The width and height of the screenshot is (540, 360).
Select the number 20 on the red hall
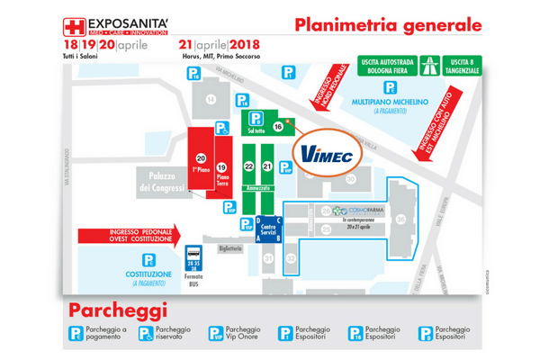coord(201,158)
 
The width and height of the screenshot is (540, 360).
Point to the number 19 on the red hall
coord(221,166)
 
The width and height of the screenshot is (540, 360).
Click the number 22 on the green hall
coord(249,166)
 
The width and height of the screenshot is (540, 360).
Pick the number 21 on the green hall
coord(267,166)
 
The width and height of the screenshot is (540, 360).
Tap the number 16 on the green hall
coord(279,128)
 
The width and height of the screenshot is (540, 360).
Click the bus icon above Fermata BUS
coord(193,255)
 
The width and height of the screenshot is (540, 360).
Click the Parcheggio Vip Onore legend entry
coord(234,334)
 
